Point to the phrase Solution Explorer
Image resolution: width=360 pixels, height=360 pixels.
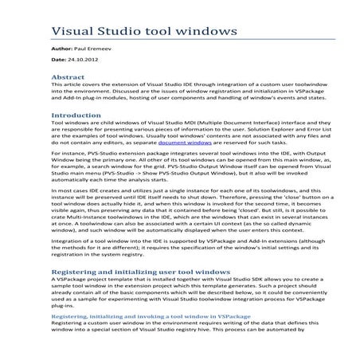pyautogui.click(x=262, y=132)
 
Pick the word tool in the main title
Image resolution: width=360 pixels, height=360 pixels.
pyautogui.click(x=178, y=32)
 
